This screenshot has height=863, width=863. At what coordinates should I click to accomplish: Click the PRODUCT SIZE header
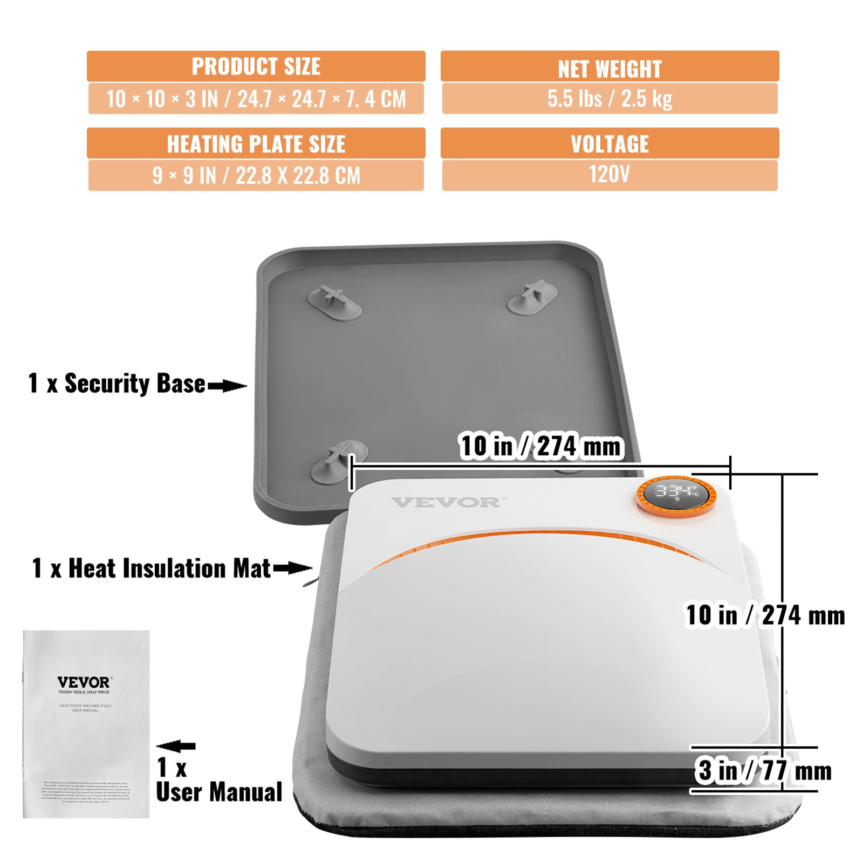tap(256, 66)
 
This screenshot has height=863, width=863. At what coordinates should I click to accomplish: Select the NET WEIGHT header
tap(609, 68)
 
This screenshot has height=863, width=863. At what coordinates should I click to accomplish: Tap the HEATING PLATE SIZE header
tap(256, 143)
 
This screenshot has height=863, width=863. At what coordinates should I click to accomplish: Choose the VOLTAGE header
tap(609, 143)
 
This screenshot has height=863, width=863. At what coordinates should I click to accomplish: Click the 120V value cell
tap(609, 175)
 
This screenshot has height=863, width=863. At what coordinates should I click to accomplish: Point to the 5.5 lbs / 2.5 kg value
tap(609, 98)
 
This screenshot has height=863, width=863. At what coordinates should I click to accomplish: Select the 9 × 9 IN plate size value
tap(256, 175)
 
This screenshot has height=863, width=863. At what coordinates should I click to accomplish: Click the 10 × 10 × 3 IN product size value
tap(256, 99)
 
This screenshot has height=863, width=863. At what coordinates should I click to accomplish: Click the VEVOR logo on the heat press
tap(446, 503)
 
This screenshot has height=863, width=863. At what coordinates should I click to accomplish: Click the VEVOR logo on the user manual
tap(84, 683)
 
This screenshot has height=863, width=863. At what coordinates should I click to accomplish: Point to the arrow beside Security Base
tap(227, 386)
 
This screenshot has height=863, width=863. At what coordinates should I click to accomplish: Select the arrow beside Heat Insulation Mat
tap(292, 568)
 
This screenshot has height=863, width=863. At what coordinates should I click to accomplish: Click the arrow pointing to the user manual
tap(176, 746)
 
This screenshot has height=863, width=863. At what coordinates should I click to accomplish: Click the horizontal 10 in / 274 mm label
tap(540, 446)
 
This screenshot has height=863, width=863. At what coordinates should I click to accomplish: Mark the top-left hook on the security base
tap(334, 300)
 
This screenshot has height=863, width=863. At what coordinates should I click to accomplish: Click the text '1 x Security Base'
tap(117, 383)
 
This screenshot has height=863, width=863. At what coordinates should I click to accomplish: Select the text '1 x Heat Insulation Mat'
tap(151, 569)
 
